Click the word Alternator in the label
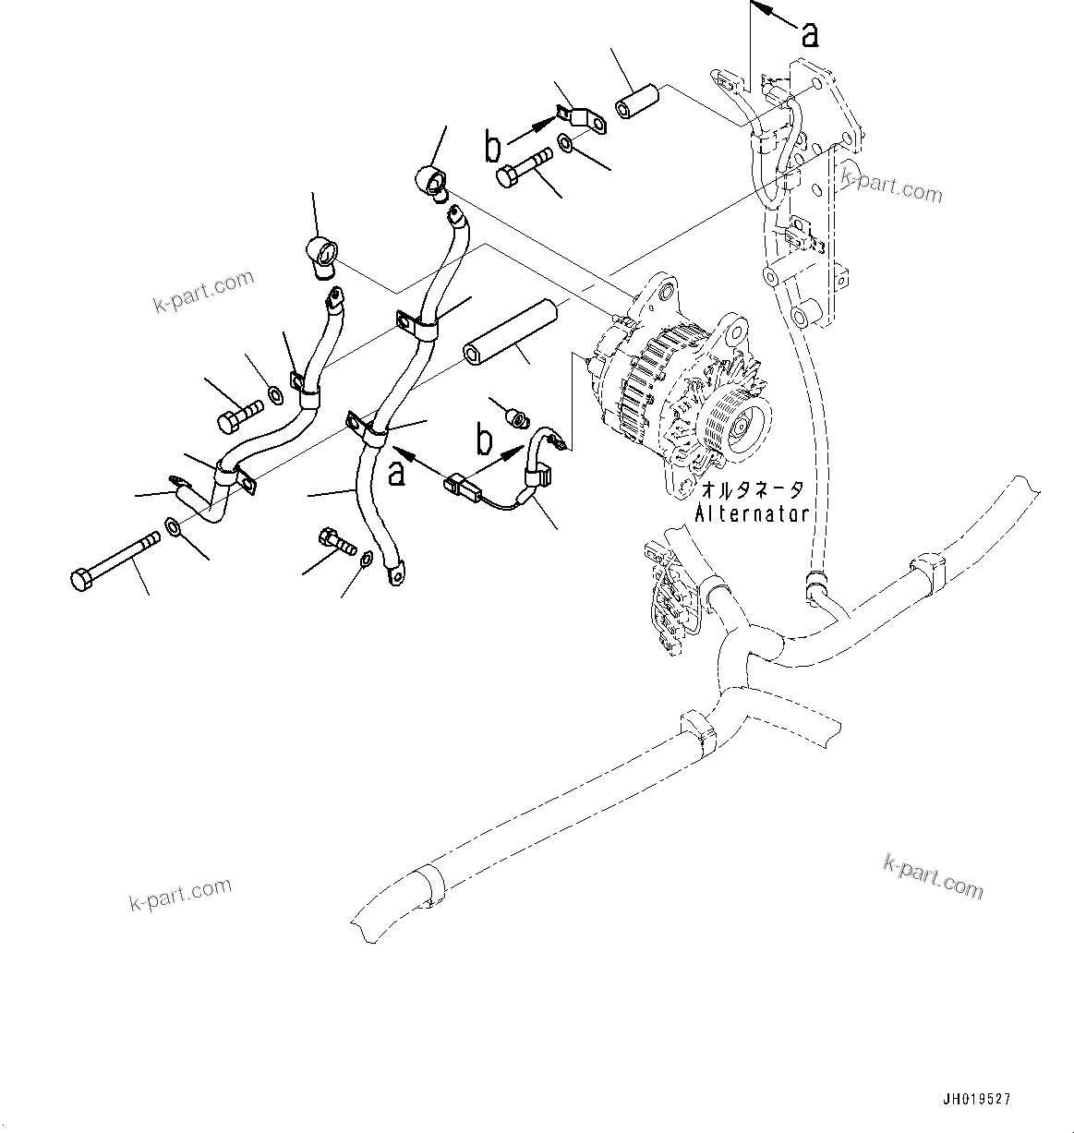tap(752, 513)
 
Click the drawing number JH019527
tap(976, 1100)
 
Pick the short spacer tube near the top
tap(637, 101)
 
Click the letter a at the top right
tap(810, 35)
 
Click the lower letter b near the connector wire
tap(484, 441)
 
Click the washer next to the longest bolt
tap(174, 528)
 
